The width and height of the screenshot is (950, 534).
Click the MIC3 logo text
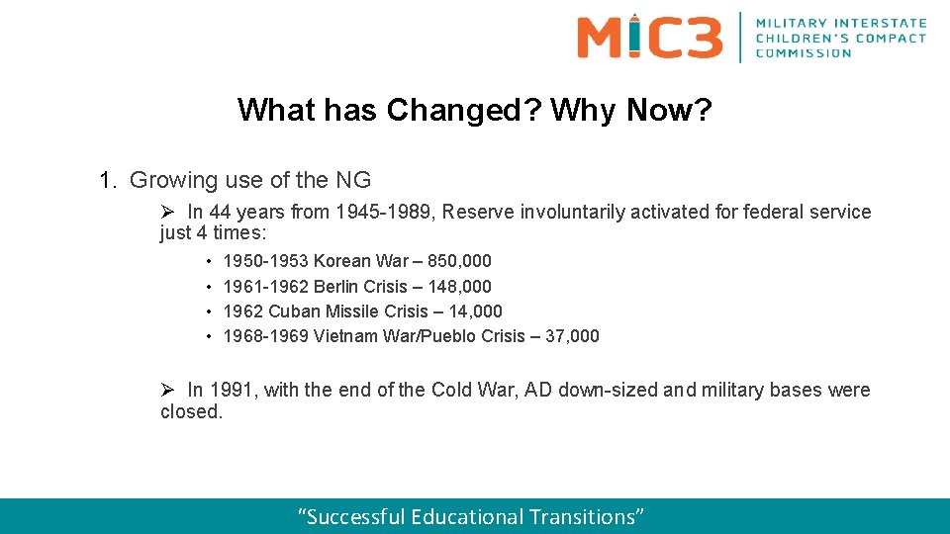[x=649, y=37]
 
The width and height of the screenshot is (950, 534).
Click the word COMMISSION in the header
[x=803, y=53]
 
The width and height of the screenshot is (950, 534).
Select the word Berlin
[x=337, y=286]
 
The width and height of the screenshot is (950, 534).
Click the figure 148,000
[x=459, y=286]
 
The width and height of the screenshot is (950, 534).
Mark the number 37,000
[x=572, y=336]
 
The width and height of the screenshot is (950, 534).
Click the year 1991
[x=231, y=390]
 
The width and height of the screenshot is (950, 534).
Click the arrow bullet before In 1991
[x=167, y=390]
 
